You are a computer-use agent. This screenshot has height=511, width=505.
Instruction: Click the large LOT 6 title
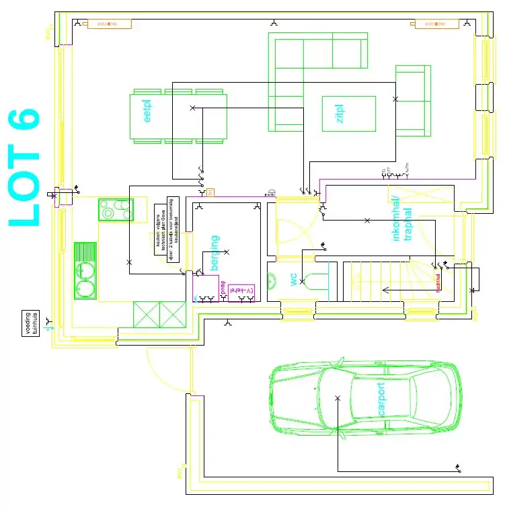[x=24, y=168]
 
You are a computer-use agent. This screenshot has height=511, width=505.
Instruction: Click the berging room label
[x=215, y=252]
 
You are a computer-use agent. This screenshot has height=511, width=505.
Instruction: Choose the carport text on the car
[x=381, y=399]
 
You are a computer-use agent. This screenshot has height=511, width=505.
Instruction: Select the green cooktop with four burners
[x=116, y=210]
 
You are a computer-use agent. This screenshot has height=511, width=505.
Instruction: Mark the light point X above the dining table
[x=192, y=108]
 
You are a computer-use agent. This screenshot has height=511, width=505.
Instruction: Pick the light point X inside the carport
[x=338, y=399]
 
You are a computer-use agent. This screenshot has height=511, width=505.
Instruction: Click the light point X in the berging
[x=226, y=252]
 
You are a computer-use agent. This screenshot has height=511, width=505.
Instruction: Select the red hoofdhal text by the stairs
[x=437, y=282]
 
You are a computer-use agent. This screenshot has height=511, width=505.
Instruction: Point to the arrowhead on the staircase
[x=385, y=290]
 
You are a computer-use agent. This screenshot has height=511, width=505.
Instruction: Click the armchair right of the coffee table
[x=412, y=101]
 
